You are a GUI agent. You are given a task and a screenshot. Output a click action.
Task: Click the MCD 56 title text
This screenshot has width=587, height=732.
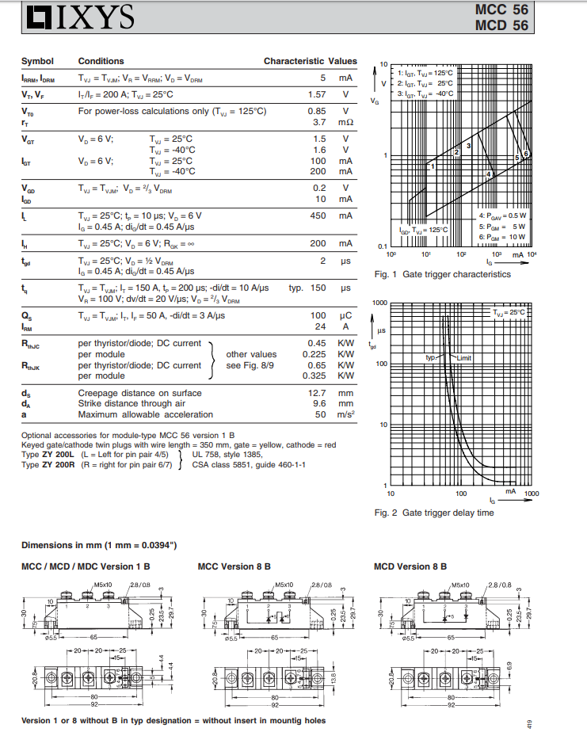(x=501, y=25)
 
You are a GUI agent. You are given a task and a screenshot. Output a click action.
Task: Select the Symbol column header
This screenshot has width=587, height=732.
(x=37, y=61)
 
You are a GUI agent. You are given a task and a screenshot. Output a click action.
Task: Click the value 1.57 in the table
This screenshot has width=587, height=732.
(x=317, y=94)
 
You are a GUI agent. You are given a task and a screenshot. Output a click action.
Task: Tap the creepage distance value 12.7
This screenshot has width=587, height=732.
(x=317, y=393)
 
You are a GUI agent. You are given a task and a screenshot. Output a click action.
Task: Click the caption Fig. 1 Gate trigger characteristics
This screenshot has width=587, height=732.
(x=442, y=274)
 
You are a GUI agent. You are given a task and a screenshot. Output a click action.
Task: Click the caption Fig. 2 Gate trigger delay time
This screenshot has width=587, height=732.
(x=433, y=513)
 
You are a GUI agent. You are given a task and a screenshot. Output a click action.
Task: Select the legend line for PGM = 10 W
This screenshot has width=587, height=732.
(x=503, y=237)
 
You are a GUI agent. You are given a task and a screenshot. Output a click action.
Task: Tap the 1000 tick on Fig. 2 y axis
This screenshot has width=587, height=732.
(x=379, y=303)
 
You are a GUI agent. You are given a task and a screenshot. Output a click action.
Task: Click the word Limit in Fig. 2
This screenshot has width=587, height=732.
(x=463, y=358)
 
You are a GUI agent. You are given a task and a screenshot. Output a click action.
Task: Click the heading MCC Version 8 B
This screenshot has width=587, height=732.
(x=234, y=566)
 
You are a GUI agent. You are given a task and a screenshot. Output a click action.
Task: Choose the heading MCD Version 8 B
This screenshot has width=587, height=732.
(x=410, y=566)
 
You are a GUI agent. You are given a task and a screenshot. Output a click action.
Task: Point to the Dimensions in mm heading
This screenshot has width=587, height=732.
(x=98, y=545)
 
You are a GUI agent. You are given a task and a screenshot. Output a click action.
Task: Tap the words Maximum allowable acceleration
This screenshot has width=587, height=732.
(x=145, y=414)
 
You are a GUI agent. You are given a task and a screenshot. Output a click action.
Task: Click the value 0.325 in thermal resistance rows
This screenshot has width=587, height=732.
(x=314, y=376)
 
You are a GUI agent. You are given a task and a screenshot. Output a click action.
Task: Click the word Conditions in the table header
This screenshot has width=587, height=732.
(x=101, y=61)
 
